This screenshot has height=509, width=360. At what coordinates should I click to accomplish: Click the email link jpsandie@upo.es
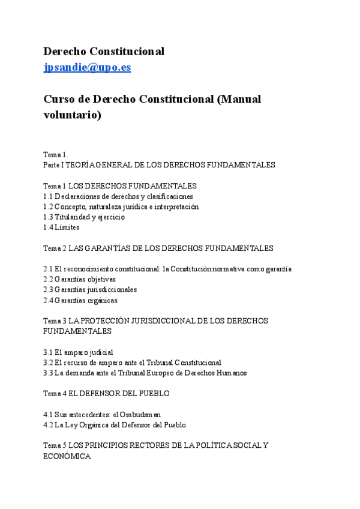[x=87, y=67]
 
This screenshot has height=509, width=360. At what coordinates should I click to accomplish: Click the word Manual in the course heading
[x=239, y=99]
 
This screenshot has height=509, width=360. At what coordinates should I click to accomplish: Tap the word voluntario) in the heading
[x=73, y=115]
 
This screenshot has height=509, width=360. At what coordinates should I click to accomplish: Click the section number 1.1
[x=49, y=196]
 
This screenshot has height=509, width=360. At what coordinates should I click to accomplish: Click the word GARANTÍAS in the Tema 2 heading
[x=112, y=248]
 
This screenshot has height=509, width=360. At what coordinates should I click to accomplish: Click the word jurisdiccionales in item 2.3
[x=111, y=289]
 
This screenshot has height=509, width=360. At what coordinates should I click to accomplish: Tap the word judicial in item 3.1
[x=100, y=352]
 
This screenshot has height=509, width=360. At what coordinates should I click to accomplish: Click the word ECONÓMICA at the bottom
[x=67, y=456]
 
